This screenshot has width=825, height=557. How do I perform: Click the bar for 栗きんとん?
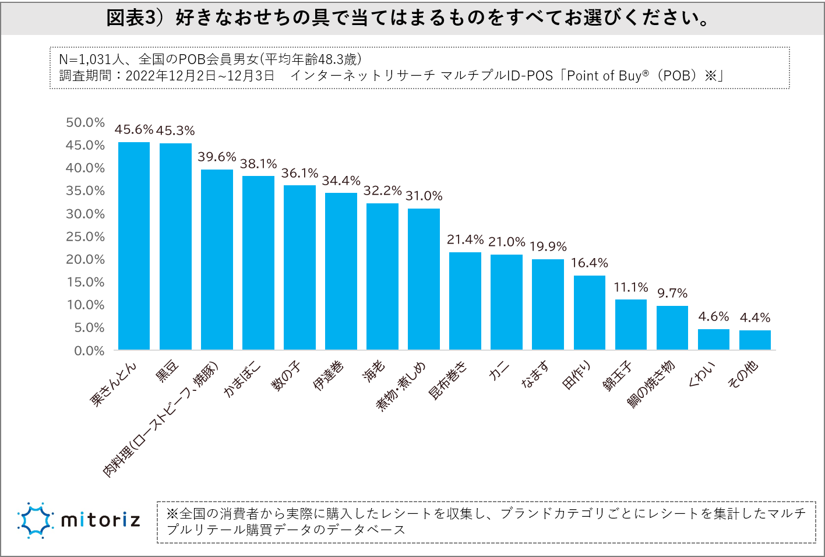[134, 246]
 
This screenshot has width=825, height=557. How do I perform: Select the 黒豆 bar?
[175, 246]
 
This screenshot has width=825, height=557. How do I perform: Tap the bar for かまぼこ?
[258, 263]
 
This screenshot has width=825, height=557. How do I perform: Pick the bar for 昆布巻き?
[465, 301]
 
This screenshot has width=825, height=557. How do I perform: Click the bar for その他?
[755, 340]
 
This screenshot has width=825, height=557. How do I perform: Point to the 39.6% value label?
[217, 157]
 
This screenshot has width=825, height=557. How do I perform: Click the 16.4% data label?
[589, 263]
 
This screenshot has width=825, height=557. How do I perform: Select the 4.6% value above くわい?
[713, 316]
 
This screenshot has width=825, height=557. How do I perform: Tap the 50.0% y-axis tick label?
[85, 122]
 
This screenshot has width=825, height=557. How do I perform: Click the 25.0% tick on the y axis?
[85, 237]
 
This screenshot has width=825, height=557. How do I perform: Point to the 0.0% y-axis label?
[89, 351]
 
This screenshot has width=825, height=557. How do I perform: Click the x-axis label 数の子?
[286, 376]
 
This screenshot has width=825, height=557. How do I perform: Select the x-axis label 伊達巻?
[328, 376]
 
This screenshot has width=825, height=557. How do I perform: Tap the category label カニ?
[499, 371]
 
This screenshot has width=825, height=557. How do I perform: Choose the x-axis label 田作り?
[576, 375]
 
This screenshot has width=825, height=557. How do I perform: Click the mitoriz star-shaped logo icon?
[36, 520]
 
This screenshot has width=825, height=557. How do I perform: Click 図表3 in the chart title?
[133, 18]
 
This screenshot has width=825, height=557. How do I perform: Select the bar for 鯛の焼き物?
[672, 327]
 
